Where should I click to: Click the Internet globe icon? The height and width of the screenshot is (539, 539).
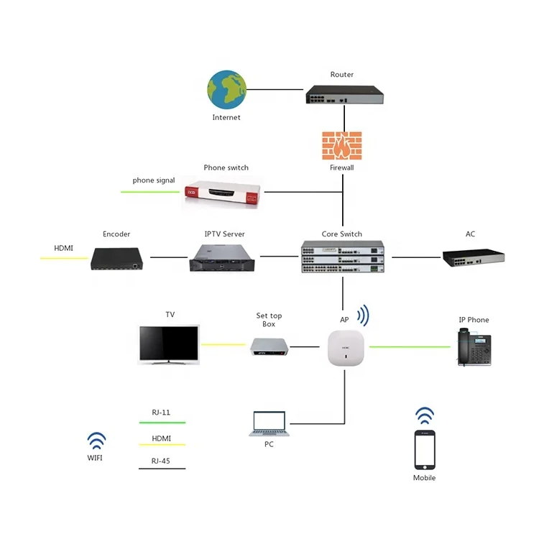226,90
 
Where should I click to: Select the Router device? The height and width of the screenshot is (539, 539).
344,95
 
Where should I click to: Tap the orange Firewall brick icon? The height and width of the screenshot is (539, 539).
341,146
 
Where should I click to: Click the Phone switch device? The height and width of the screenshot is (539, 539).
222,192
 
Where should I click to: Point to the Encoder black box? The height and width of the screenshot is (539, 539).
117,259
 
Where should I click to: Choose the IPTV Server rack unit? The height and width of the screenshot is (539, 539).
222,258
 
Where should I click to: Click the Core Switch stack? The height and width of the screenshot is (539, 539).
343,257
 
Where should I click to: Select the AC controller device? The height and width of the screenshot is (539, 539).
474,258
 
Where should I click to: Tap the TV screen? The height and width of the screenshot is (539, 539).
169,344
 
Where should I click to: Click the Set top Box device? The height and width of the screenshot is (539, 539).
269,346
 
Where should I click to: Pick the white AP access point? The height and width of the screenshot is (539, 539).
346,348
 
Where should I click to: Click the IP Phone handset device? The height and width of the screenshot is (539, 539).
474,347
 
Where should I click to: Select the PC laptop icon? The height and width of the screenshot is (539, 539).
269,423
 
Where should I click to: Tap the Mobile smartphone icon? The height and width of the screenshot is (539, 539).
425,450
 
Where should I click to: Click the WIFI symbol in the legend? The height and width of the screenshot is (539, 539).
96,441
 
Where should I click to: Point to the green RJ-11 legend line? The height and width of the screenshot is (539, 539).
162,423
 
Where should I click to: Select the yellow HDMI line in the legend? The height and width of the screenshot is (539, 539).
162,445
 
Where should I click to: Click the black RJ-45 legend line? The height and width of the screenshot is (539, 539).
162,469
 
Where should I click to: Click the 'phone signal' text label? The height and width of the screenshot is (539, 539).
154,180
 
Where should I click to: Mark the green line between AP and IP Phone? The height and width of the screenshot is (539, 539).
410,347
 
